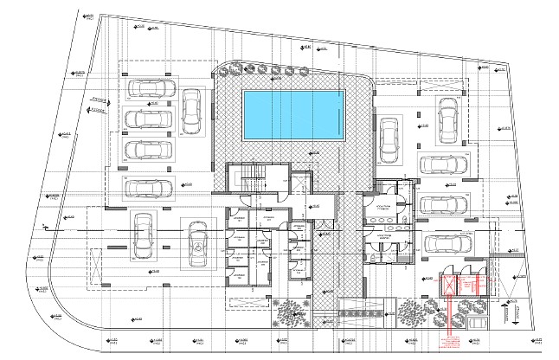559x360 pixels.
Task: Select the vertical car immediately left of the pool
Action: click(x=191, y=112)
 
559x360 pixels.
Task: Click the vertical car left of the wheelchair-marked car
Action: click(x=142, y=235)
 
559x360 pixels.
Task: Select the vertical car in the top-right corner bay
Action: click(x=447, y=121)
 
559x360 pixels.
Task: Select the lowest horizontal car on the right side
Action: click(x=446, y=243)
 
